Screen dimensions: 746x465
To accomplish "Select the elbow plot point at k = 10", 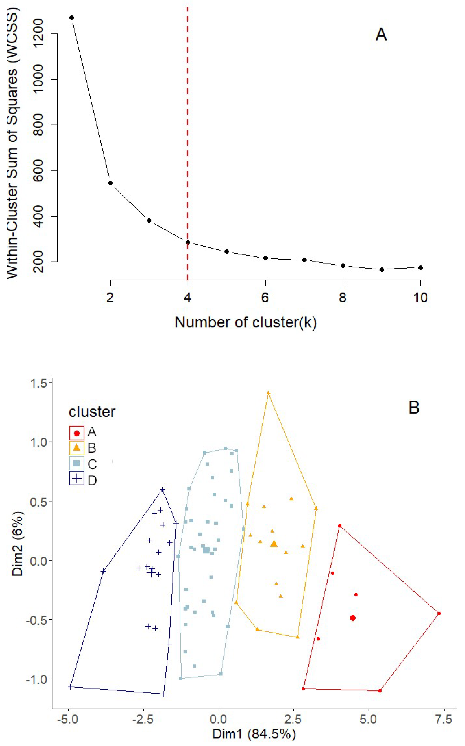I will pyautogui.click(x=420, y=268).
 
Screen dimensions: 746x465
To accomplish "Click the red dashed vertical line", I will pyautogui.click(x=188, y=123).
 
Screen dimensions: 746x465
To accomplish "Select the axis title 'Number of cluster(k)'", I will pyautogui.click(x=246, y=322).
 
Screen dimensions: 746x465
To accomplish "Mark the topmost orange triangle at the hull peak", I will pyautogui.click(x=268, y=393).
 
